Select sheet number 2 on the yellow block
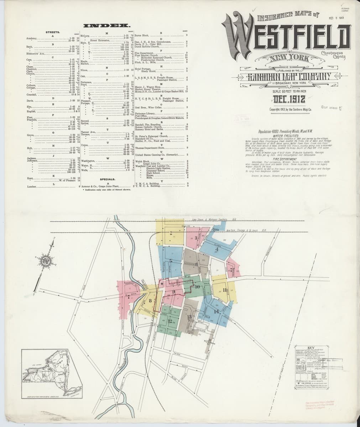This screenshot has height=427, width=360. (x=171, y=233)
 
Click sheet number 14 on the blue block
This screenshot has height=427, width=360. (x=216, y=312)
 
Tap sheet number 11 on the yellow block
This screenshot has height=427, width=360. (x=224, y=289)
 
